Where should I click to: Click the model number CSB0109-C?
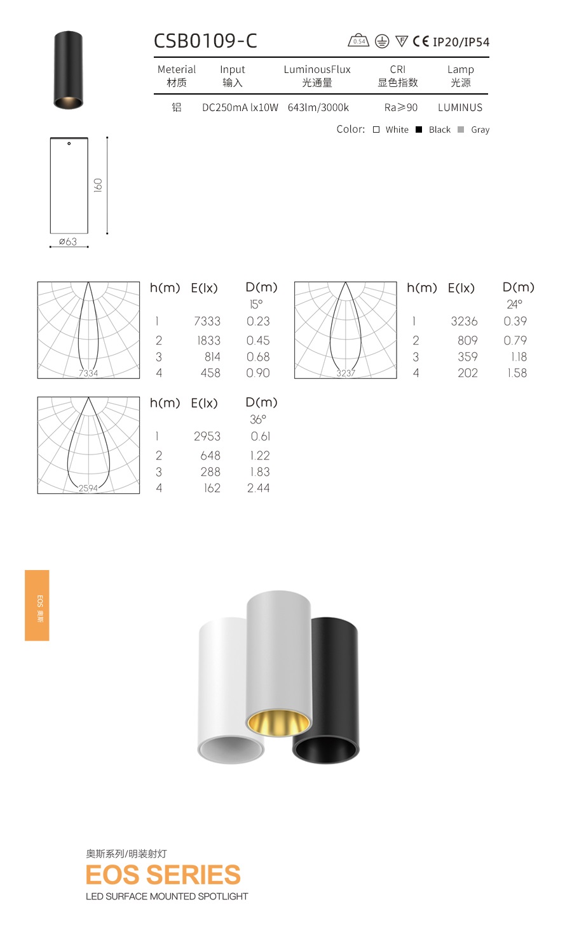[205, 41]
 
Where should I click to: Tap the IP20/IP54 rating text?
[461, 42]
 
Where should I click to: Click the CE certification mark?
[421, 41]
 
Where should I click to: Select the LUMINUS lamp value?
[460, 108]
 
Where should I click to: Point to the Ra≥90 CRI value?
[401, 108]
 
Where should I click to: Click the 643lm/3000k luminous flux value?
[318, 108]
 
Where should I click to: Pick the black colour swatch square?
[419, 129]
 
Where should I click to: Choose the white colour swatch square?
[376, 129]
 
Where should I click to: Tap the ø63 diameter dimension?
[68, 241]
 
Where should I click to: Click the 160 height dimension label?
[98, 185]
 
